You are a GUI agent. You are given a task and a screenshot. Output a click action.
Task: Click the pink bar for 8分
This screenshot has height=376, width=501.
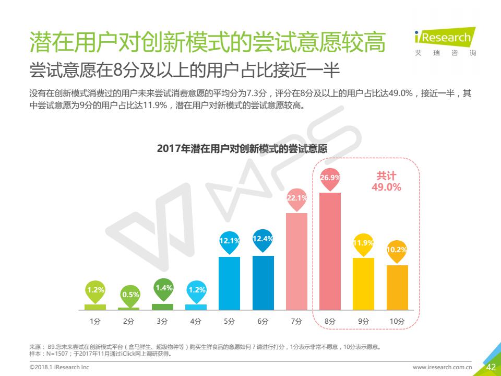pyautogui.click(x=330, y=251)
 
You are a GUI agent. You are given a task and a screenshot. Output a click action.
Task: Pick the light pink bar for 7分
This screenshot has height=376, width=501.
pyautogui.click(x=296, y=261)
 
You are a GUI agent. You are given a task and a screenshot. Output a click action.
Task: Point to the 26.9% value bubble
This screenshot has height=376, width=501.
pyautogui.click(x=330, y=178)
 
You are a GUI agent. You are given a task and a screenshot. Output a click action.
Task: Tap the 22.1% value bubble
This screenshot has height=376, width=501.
pyautogui.click(x=296, y=198)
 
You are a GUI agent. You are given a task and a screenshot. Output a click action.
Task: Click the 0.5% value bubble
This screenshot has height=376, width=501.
pyautogui.click(x=129, y=295)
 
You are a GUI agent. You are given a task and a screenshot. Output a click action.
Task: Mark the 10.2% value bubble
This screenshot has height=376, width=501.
pyautogui.click(x=397, y=250)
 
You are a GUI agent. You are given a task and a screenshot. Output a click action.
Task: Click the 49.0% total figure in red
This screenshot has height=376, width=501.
pyautogui.click(x=386, y=187)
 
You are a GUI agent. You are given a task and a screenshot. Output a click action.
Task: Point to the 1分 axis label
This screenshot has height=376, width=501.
pyautogui.click(x=95, y=322)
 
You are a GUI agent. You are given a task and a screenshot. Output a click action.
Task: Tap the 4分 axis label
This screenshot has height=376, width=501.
pyautogui.click(x=196, y=322)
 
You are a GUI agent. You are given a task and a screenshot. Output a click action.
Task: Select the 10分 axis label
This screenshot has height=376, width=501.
pyautogui.click(x=397, y=322)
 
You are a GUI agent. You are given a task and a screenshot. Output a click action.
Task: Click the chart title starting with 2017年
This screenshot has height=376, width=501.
pyautogui.click(x=242, y=148)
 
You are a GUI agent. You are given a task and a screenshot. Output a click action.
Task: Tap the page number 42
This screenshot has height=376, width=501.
pyautogui.click(x=491, y=367)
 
